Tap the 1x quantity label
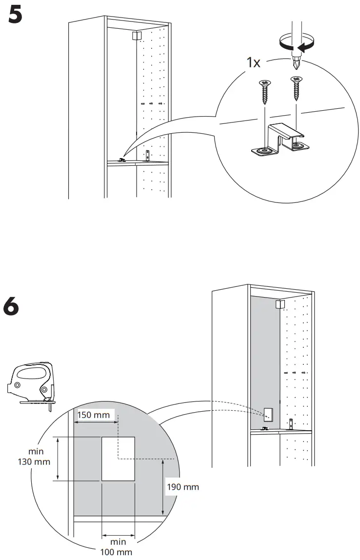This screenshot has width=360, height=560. pos(254,63)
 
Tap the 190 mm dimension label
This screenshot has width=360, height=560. pos(183,487)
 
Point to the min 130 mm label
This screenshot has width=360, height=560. pos(37,457)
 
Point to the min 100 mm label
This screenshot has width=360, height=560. pos(118,547)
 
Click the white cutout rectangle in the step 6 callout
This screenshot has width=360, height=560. pos(118,459)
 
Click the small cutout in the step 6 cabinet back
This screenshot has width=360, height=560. pos(268,414)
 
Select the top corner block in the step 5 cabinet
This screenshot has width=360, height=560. pos(136,36)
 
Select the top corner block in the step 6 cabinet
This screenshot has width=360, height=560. pos(280,304)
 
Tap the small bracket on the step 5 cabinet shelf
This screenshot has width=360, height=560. pos(122,159)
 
